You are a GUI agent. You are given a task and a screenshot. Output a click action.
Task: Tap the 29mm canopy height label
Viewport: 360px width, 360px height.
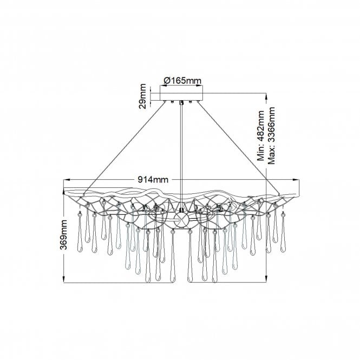point(142,96)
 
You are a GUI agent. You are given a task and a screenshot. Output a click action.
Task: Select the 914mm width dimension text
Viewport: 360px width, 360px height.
point(152,180)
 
